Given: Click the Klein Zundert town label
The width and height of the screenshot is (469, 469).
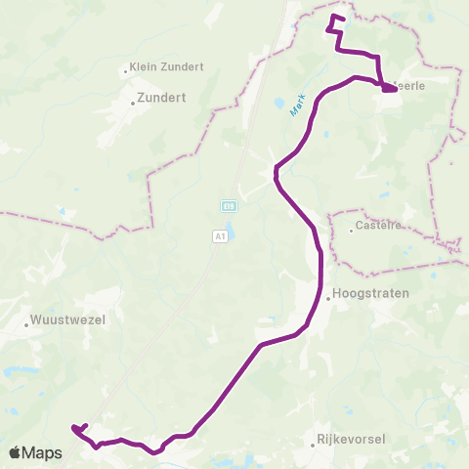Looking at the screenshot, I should point(167,67).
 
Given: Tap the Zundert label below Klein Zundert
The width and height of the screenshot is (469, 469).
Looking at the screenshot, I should point(162,99).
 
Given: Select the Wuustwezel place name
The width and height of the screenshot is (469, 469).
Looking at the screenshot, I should point(68,320).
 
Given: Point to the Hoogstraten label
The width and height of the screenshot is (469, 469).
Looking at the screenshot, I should point(370,292).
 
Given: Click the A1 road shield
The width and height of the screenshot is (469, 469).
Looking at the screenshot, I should point(219,235).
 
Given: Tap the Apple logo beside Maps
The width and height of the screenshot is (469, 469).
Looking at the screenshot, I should point(16,453).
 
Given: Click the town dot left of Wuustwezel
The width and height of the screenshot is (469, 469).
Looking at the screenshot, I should point(26,320).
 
